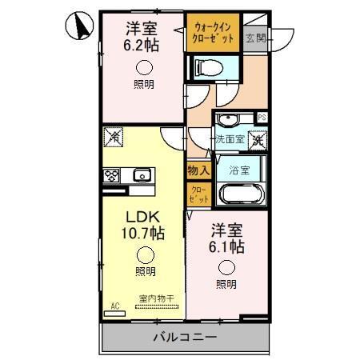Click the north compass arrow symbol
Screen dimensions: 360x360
click(x=80, y=27)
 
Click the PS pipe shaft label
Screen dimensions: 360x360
click(x=261, y=118)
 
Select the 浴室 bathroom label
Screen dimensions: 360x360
click(x=239, y=170)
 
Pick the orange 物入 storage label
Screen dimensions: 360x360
click(x=198, y=170)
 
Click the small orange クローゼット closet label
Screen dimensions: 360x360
click(x=198, y=193)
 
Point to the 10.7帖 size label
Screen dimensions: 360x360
click(x=142, y=234)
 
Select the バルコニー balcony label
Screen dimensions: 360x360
click(x=183, y=338)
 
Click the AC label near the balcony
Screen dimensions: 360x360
click(x=114, y=305)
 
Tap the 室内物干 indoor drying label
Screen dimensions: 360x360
click(x=153, y=299)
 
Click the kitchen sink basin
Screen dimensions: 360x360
click(x=142, y=174)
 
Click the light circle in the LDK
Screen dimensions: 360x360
click(x=144, y=255)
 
